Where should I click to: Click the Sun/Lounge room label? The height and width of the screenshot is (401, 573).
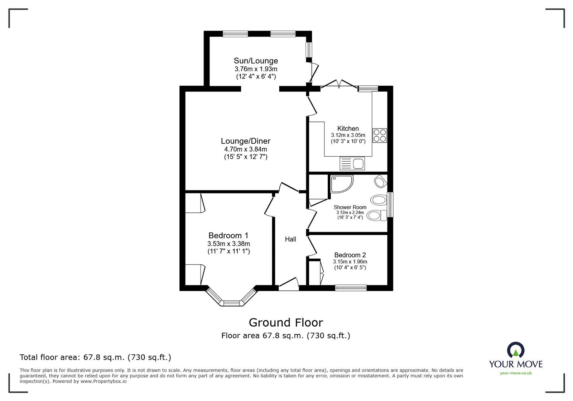[x=256, y=61]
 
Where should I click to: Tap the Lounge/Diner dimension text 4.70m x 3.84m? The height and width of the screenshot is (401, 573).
[x=245, y=149]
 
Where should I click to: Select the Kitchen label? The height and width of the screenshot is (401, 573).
[x=348, y=128]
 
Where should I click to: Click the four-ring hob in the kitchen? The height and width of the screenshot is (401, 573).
[x=380, y=135]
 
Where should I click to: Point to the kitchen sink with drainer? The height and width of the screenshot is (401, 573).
[x=352, y=164]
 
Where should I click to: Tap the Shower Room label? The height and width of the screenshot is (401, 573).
[x=350, y=207]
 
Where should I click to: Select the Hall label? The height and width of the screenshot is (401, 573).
[x=290, y=239]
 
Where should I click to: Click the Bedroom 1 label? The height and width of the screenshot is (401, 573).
[x=228, y=235]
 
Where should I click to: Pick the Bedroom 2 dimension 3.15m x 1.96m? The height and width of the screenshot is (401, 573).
[x=350, y=262]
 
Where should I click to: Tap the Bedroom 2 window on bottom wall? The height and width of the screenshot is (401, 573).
[x=351, y=287]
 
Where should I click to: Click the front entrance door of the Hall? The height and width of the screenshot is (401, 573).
[x=289, y=285]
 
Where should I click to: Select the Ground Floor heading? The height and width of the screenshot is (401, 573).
[x=286, y=323]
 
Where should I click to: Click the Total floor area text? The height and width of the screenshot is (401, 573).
[x=95, y=357]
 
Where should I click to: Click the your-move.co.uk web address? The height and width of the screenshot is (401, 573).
[x=516, y=373]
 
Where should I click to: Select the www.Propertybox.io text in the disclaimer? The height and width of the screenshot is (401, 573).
[x=103, y=381]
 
